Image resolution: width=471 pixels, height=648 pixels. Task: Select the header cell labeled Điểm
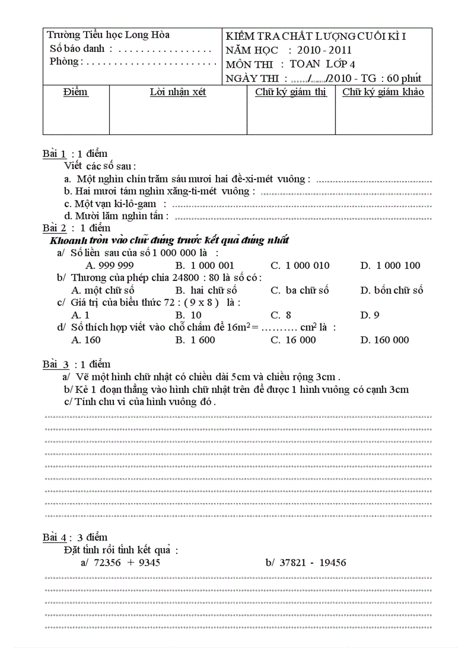click(x=76, y=92)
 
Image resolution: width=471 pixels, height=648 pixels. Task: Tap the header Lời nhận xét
click(x=178, y=92)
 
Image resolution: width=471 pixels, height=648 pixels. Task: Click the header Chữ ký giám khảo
click(x=383, y=92)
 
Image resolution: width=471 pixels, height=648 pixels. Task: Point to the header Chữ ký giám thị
click(x=290, y=92)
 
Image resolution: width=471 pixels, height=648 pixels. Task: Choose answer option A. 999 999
click(x=110, y=266)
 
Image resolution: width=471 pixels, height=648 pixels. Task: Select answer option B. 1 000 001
click(x=205, y=266)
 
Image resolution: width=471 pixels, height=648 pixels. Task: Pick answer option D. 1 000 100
click(x=390, y=266)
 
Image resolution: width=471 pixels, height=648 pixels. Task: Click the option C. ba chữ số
click(x=300, y=291)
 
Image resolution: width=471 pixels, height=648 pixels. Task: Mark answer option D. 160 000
click(x=384, y=340)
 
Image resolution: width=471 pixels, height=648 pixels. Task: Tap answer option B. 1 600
click(x=196, y=340)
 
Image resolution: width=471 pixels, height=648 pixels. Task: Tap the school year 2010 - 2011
click(x=324, y=50)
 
